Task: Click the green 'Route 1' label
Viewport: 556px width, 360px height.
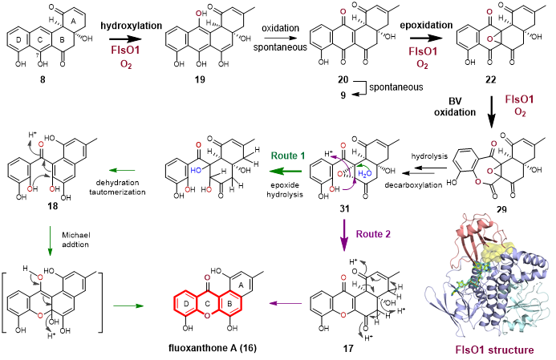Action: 287,156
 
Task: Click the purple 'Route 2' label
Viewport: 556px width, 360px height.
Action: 373,234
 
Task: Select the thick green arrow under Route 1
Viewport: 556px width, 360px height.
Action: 286,170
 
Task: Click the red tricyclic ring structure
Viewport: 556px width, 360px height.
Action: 208,304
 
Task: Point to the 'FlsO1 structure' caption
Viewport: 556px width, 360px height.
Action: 489,350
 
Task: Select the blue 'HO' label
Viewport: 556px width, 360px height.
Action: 196,170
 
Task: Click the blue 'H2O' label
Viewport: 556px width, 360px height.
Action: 365,173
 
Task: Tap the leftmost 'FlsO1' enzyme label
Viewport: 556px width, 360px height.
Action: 126,51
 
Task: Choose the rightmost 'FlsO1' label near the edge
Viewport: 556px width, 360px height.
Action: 519,99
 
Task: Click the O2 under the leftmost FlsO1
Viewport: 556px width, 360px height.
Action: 126,64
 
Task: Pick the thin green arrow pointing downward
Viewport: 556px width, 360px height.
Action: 50,241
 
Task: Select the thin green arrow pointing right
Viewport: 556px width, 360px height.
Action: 128,305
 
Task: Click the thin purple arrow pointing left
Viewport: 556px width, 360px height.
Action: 286,303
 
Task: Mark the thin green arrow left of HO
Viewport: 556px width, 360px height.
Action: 122,170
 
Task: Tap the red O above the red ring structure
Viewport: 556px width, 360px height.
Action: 207,277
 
